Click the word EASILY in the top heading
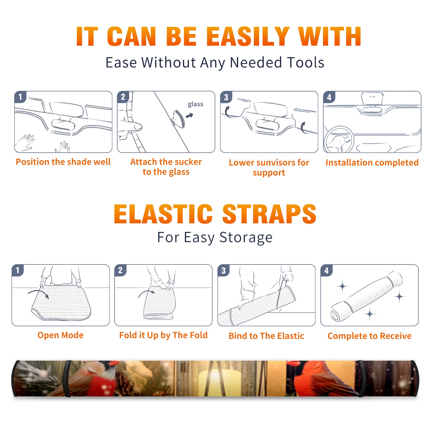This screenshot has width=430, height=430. [x=248, y=37]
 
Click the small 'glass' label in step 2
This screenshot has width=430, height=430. [x=195, y=104]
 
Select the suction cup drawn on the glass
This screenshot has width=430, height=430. [x=178, y=118]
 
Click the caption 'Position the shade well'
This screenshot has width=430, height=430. [x=63, y=162]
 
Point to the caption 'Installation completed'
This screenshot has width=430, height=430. [x=372, y=163]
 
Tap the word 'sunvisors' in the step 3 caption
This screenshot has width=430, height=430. [x=274, y=163]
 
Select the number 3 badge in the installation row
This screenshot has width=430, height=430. [x=226, y=97]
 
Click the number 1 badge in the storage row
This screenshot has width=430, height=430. [x=18, y=270]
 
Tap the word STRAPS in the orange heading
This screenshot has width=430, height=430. [x=269, y=214]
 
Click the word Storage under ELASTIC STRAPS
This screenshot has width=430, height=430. [x=246, y=238]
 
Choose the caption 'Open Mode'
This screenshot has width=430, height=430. [x=60, y=335]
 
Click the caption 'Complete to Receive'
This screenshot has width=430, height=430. [x=370, y=336]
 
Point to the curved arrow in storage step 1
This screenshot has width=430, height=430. [x=38, y=293]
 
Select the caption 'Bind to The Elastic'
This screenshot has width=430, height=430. [x=266, y=336]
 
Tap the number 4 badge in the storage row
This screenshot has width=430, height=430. [x=327, y=270]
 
